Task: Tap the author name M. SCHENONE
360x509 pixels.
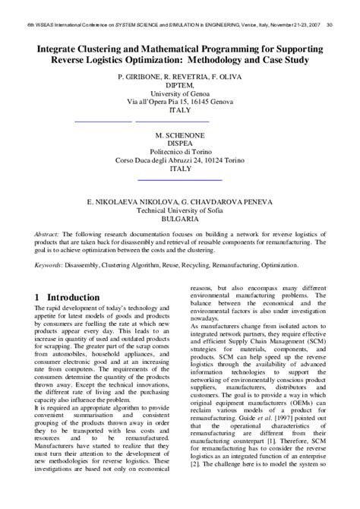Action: point(180,133)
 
